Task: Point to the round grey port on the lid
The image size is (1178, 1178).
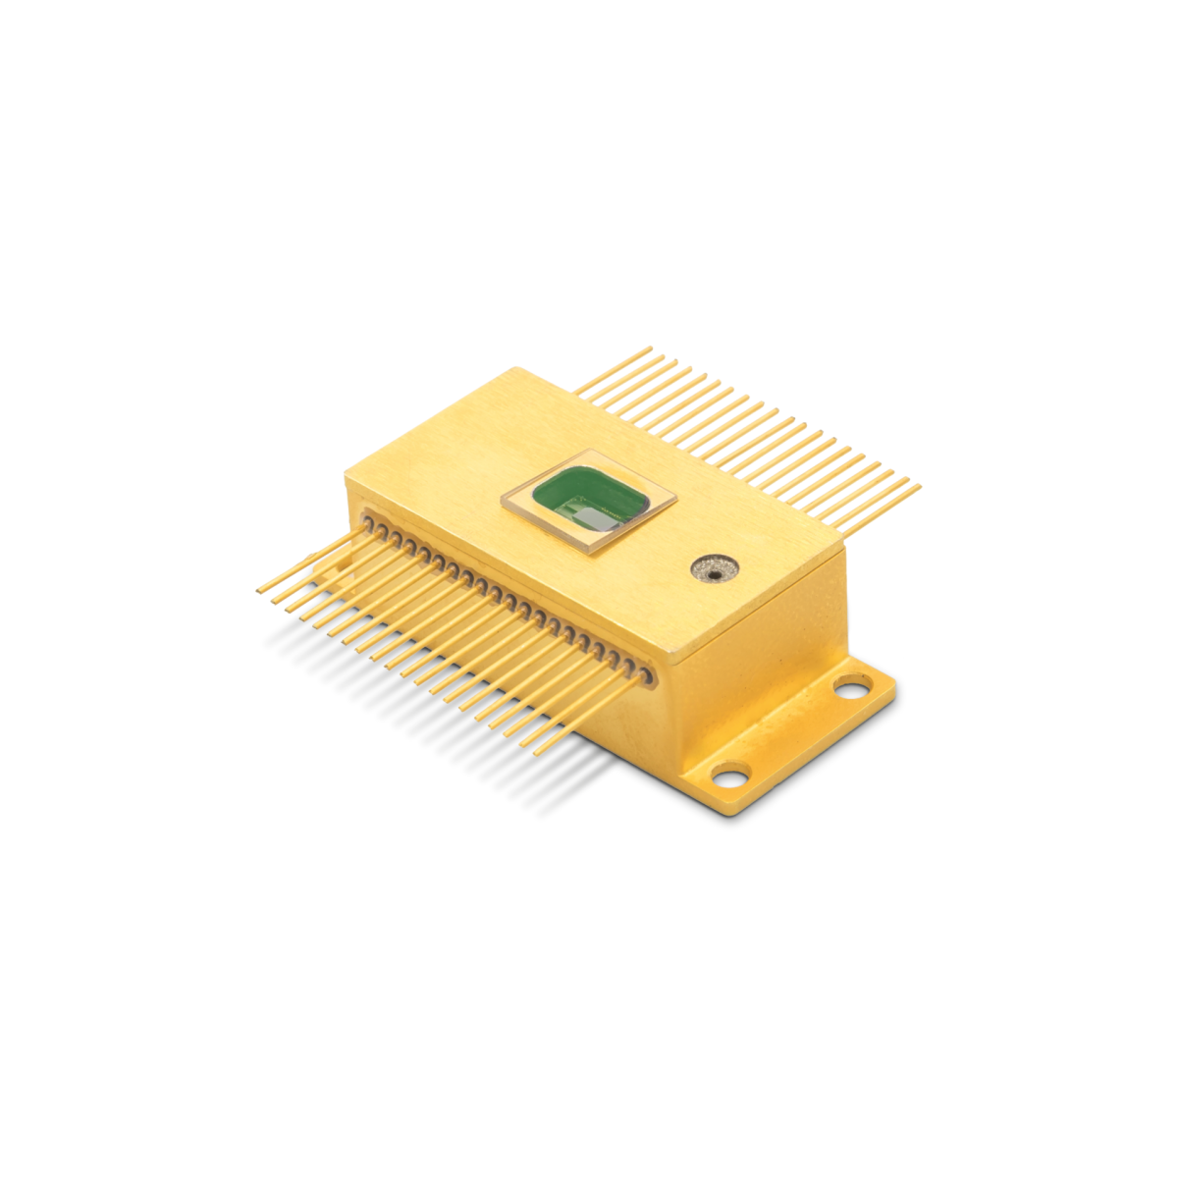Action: click(x=714, y=568)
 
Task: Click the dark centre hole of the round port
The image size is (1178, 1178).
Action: click(x=714, y=568)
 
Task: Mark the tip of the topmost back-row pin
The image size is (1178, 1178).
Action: click(x=649, y=348)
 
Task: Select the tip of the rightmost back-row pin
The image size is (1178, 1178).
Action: click(x=919, y=485)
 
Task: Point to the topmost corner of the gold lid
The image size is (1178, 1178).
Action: click(x=517, y=370)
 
